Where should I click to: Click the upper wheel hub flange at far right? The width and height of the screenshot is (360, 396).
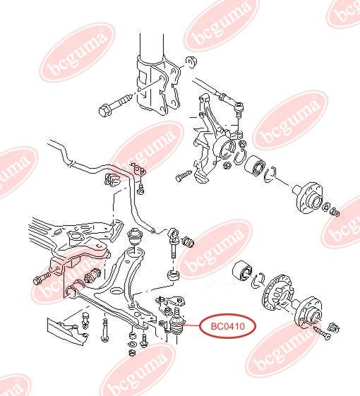pyautogui.click(x=309, y=198)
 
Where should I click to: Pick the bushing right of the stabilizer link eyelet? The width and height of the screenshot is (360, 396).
pyautogui.click(x=189, y=242)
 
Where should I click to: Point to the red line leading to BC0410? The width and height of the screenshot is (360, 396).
pyautogui.click(x=193, y=326)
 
